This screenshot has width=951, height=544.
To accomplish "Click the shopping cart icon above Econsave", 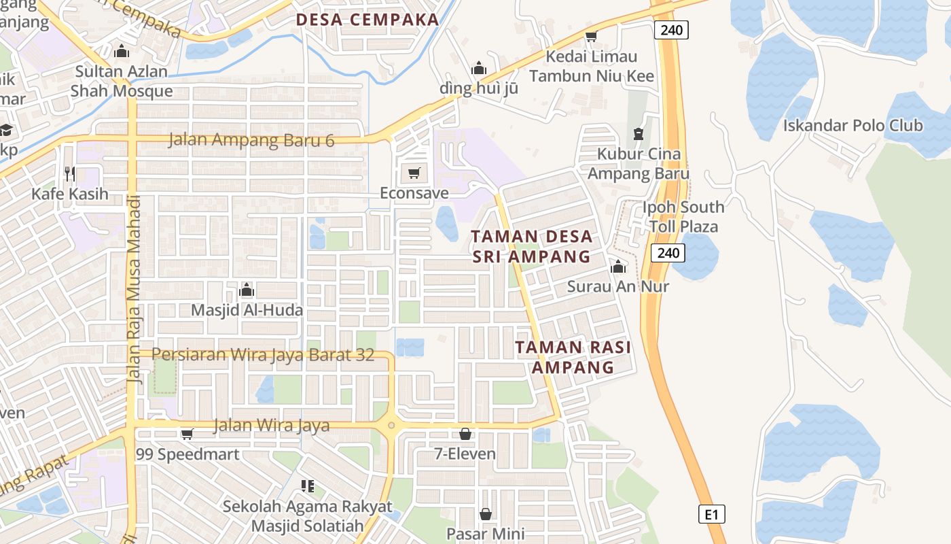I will coord(414,173).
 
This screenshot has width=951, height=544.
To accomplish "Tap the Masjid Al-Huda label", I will coord(247,310).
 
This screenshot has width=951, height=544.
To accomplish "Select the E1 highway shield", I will coord(711,514).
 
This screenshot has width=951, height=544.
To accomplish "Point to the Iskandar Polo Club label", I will coord(853,125).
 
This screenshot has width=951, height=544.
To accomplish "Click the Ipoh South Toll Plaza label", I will coord(683,216).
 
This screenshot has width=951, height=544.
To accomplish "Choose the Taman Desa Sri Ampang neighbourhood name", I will coord(532,247).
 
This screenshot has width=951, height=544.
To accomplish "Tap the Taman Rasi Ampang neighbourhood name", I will coord(573,357).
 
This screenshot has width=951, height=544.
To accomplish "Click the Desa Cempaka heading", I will coord(367,20).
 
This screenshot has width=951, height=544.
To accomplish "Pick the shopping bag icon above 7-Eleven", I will coord(465,433).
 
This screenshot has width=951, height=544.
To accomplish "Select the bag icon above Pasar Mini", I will coord(486,513).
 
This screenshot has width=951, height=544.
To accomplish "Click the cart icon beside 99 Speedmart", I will coord(187,433).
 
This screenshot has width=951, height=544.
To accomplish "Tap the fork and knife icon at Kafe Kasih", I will coord(69,173).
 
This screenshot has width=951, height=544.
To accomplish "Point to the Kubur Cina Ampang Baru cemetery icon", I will coord(638,134).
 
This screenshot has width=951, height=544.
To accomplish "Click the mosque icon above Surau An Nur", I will coord(617,267).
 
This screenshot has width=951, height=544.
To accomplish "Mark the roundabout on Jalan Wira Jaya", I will coord(391,426).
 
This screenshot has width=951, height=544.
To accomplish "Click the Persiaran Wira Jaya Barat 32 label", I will coord(263,354).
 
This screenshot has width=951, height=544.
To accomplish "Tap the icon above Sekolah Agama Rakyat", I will coord(307,486).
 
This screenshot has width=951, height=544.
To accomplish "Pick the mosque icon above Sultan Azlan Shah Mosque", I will coord(122,51).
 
